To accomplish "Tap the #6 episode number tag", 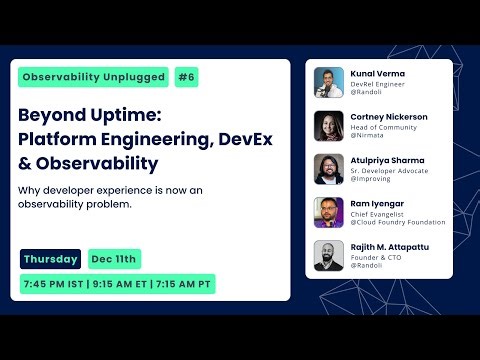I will click(185, 77).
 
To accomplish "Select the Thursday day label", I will click(51, 259).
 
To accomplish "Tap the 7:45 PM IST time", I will click(56, 284).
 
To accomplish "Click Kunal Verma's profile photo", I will click(329, 82).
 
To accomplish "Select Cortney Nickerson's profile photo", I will click(329, 126).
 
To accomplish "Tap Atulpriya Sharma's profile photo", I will click(329, 169).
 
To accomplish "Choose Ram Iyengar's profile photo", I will click(329, 212).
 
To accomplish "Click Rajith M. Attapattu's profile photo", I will click(329, 256).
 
